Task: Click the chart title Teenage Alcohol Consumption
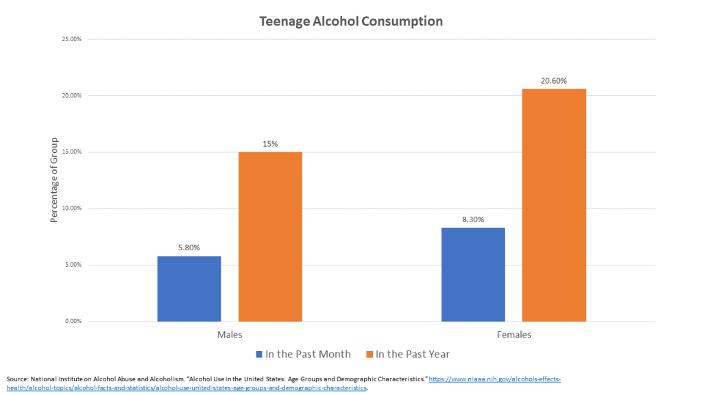(x=351, y=21)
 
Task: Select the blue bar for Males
(x=189, y=289)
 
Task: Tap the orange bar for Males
(x=270, y=237)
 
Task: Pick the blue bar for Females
(x=473, y=274)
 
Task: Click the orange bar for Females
(x=554, y=205)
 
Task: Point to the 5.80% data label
(x=189, y=248)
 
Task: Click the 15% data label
(x=270, y=144)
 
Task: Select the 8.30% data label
(x=473, y=219)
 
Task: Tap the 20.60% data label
(x=554, y=81)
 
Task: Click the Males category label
(x=230, y=335)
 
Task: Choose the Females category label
(x=514, y=335)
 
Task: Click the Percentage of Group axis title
(x=53, y=180)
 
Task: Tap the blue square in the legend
(x=259, y=355)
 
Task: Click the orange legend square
(x=370, y=355)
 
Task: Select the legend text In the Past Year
(x=413, y=355)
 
